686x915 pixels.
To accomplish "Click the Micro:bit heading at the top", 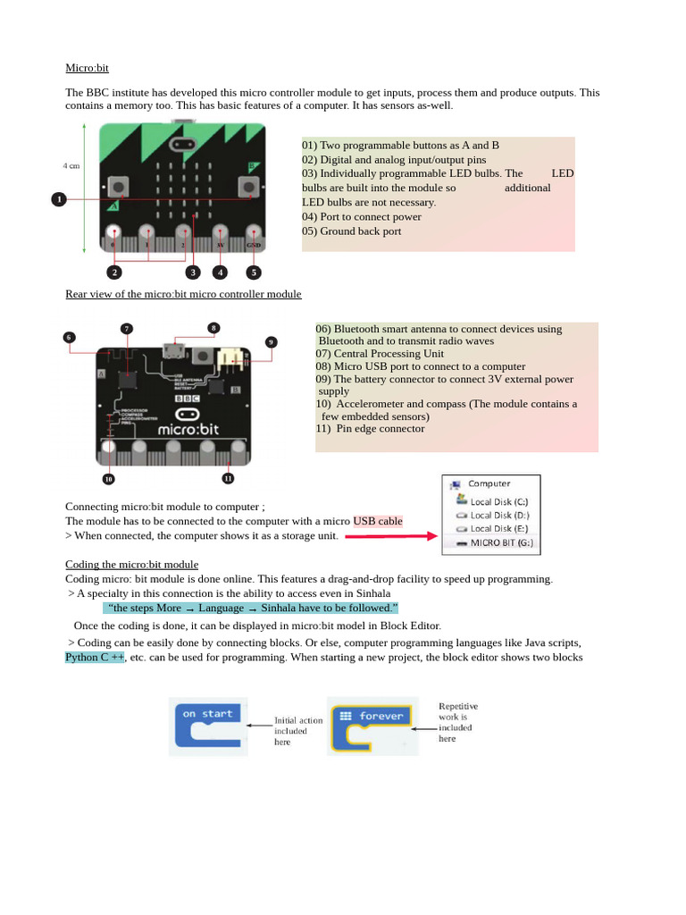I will (x=87, y=68).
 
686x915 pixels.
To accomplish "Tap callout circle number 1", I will (x=59, y=199).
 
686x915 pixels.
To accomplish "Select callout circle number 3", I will (x=193, y=273).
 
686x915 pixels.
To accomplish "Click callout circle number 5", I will (x=254, y=273).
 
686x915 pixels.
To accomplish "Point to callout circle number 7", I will (x=127, y=329).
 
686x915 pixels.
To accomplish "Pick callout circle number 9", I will (x=272, y=341).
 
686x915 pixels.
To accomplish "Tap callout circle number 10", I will (x=108, y=479).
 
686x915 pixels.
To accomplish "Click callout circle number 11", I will (x=228, y=479).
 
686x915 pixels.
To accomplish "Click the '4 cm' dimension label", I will (x=71, y=165).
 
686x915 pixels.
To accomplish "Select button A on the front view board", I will (x=118, y=186).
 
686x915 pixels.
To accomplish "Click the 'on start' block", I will (x=207, y=725).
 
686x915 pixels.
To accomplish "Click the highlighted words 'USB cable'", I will (x=378, y=521).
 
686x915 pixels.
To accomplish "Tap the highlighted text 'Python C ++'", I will (x=95, y=658).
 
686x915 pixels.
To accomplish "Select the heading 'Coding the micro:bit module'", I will (x=131, y=565).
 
